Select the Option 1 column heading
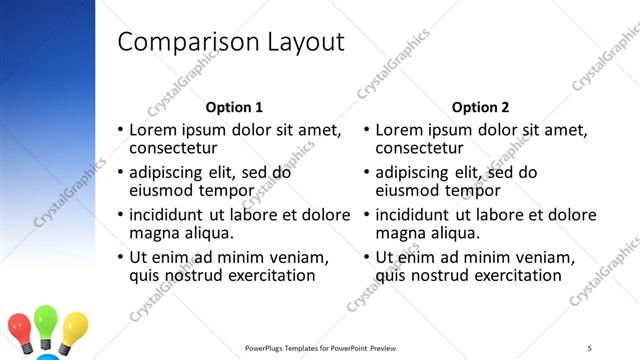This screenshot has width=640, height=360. (x=234, y=107)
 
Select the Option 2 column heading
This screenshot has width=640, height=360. (x=480, y=107)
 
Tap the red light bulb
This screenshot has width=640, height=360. (x=20, y=328)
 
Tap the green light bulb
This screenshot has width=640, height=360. (x=47, y=323)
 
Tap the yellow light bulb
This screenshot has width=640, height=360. (x=75, y=327)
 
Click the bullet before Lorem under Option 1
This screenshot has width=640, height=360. (x=121, y=130)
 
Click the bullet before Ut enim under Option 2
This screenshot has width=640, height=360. (x=367, y=257)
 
